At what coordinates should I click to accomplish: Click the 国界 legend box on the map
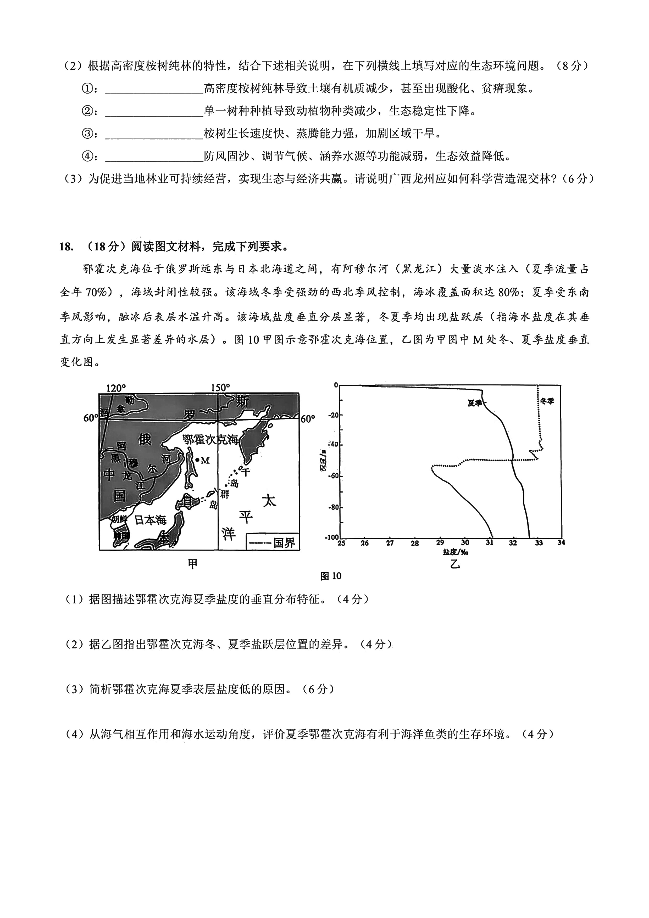click(272, 542)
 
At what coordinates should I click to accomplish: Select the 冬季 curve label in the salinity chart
click(547, 401)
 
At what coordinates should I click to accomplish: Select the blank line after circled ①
click(154, 89)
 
